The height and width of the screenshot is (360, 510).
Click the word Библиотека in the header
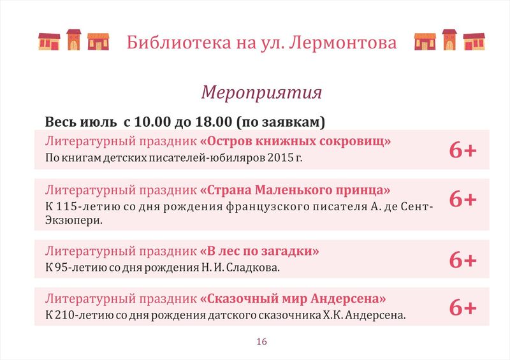[x=179, y=42]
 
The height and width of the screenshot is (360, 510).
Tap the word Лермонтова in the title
[x=343, y=43]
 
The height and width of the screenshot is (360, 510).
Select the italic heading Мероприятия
[x=261, y=92]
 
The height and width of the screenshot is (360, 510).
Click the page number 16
[x=261, y=342]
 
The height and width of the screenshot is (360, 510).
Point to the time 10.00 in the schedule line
[x=152, y=122]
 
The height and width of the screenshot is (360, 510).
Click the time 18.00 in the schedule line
[x=214, y=122]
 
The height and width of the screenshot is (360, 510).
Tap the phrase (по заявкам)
[x=281, y=122]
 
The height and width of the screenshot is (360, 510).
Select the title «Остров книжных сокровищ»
[x=295, y=141]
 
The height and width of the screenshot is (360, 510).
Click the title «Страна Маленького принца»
[x=295, y=190]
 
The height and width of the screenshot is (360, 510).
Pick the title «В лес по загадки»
[x=259, y=251]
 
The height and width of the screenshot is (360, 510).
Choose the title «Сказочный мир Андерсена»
[x=293, y=299]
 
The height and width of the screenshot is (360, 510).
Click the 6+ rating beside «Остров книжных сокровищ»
[x=463, y=150]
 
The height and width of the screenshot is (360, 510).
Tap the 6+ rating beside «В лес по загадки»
[x=463, y=260]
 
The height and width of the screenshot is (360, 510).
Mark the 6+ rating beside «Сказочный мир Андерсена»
[x=463, y=308]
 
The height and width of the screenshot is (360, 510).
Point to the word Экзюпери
[x=73, y=220]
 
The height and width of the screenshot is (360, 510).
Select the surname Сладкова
[x=252, y=268]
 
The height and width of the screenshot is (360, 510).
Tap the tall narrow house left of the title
[x=74, y=40]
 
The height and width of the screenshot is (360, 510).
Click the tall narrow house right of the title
[x=449, y=40]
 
